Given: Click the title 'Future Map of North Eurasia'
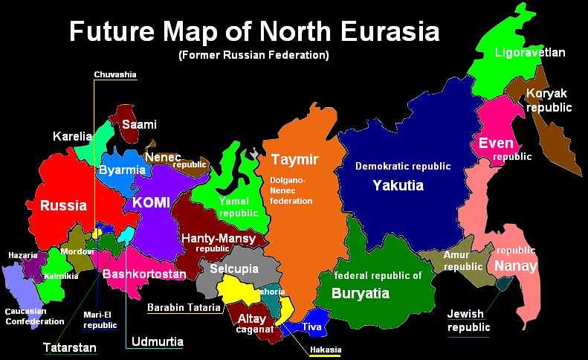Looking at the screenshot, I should coord(253,32).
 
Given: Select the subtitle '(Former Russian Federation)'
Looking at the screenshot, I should coord(253,56).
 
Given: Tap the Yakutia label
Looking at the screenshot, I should coord(398,184).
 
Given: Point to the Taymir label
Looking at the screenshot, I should coord(294,160).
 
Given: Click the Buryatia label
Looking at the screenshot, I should coord(360,293).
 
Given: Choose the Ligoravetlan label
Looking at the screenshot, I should coord(530,53).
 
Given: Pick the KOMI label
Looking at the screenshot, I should coord(152,202).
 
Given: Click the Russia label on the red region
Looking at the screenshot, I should coord(63,205).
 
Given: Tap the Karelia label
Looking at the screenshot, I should coord(72,136).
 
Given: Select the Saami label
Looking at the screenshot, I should coord(139,124).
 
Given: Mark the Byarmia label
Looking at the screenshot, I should coord(122,170).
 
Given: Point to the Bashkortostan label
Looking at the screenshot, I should coord(144,274).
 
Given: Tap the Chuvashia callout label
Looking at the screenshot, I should coord(114,74).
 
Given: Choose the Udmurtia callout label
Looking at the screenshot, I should coord(156,342).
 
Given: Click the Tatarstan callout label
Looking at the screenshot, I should coord(68,347).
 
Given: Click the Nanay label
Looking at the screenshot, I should coord(515,266).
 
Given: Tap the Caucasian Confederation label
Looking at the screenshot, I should coord(35,316).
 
